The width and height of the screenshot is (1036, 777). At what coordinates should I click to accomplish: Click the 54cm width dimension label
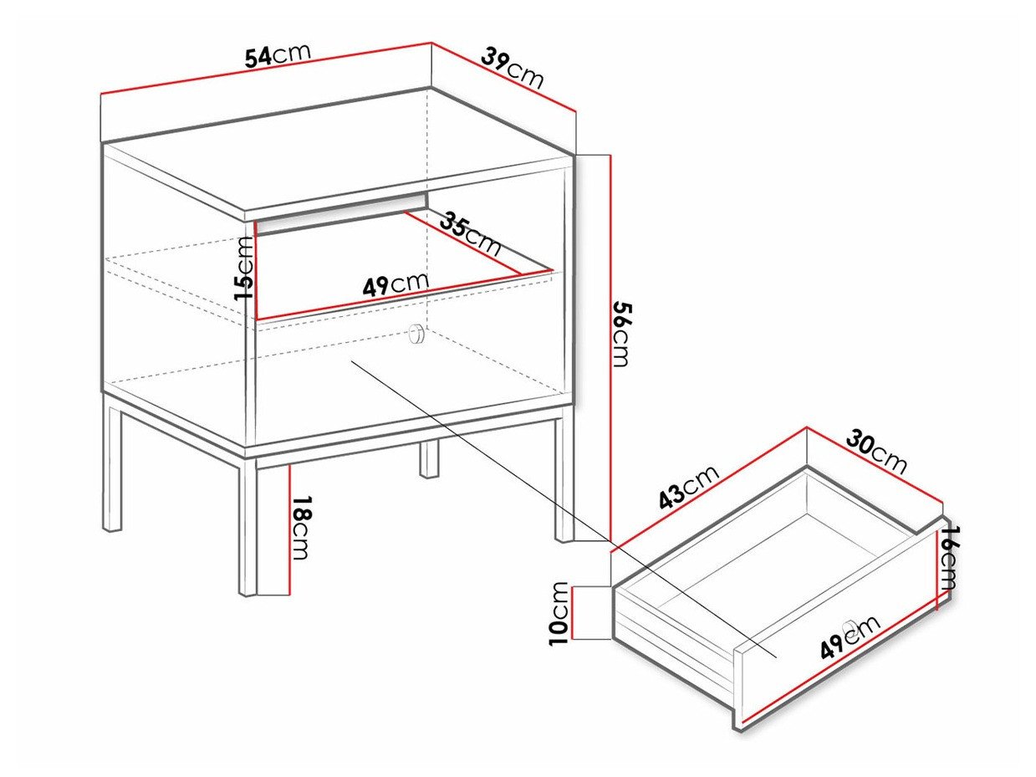tap(278, 55)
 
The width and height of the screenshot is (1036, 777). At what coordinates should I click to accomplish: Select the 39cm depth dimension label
tap(513, 68)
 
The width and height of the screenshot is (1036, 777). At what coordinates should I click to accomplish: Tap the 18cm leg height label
tap(301, 529)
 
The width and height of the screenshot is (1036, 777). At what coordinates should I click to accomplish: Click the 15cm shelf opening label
tap(244, 268)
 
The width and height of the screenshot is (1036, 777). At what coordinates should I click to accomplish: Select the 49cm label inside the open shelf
tap(396, 284)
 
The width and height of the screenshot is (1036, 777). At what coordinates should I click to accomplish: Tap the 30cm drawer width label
tap(876, 452)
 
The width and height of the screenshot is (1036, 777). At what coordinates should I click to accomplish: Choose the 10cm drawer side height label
tap(559, 613)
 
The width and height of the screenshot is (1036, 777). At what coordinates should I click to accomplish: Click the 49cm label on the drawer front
tap(850, 637)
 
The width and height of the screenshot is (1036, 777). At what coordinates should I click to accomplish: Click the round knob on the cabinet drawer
tap(416, 334)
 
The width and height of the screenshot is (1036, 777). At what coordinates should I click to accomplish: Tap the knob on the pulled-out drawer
tap(850, 626)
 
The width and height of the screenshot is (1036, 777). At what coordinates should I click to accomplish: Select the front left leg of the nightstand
tap(248, 527)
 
